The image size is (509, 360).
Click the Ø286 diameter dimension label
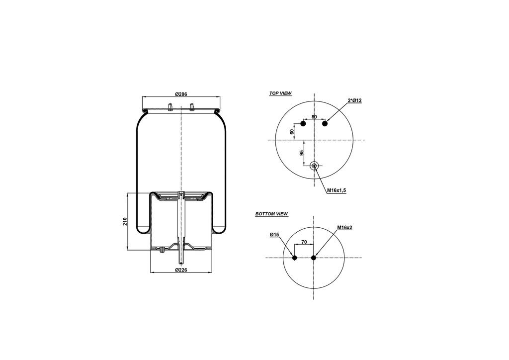(x=181, y=94)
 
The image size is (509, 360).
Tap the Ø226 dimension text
(x=181, y=270)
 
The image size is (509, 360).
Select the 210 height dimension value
(x=125, y=222)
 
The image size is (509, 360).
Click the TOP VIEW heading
(x=280, y=93)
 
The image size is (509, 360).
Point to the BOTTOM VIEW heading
(x=272, y=214)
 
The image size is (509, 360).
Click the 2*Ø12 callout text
(x=355, y=100)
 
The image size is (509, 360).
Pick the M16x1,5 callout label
(x=337, y=190)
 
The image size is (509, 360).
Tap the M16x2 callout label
(x=345, y=228)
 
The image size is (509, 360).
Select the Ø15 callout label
(x=274, y=234)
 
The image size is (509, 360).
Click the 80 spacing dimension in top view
(x=314, y=117)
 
